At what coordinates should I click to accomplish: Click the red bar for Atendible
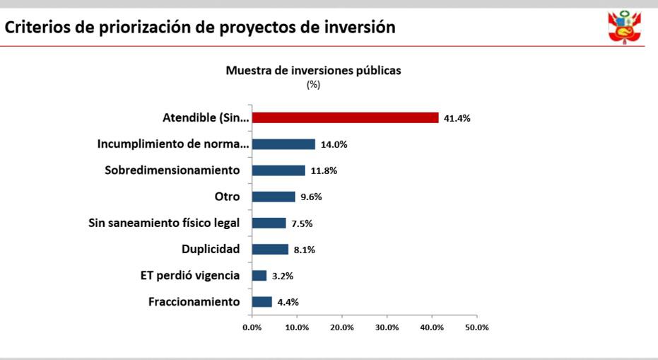[x=345, y=118]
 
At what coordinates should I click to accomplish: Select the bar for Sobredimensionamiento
[x=278, y=170]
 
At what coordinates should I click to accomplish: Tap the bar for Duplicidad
[x=270, y=249]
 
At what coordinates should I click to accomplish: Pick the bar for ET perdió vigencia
[x=259, y=275]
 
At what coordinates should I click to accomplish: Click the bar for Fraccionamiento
[x=262, y=302]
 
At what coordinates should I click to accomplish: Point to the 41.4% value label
[x=457, y=118]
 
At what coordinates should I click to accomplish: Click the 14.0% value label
[x=334, y=144]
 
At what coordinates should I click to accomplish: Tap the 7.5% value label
[x=302, y=223]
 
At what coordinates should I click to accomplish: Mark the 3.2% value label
[x=283, y=276]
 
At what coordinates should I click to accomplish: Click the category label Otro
[x=227, y=197]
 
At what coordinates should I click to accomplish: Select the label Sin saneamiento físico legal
[x=164, y=223]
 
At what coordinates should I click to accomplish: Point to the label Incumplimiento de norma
[x=173, y=144]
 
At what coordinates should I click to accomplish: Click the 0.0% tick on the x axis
[x=252, y=327]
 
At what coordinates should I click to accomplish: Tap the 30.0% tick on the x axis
[x=387, y=327]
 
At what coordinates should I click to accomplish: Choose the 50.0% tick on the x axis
[x=477, y=327]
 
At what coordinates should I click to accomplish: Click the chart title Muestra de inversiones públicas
[x=313, y=71]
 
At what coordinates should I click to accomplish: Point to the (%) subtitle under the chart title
[x=313, y=84]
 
